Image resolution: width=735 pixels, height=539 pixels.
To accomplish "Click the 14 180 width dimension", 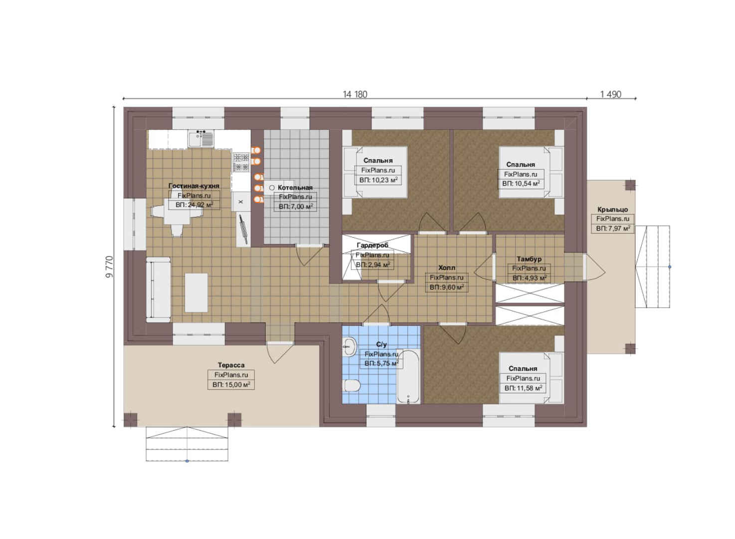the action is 355,95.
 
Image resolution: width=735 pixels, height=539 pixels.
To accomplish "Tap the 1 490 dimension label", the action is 611,95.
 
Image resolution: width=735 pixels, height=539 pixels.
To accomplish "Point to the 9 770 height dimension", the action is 109,267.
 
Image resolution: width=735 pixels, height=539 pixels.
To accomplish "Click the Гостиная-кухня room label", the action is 194,186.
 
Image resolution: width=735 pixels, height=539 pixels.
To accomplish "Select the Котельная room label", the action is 295,188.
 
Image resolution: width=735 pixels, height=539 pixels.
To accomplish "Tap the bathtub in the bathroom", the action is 408,376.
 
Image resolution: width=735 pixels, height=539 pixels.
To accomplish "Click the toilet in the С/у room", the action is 352,385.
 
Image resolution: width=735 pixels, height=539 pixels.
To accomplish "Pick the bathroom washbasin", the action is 350,347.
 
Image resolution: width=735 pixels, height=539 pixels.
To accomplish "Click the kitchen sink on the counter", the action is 201,138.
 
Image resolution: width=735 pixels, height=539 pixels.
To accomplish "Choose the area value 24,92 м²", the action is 194,205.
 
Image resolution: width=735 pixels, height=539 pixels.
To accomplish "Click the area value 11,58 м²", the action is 523,388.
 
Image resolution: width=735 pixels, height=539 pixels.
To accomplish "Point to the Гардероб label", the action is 372,245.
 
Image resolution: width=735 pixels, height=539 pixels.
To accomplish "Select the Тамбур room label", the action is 529,259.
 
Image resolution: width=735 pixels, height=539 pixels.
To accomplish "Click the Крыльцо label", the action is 613,209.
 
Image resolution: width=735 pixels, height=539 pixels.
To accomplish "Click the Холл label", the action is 447,268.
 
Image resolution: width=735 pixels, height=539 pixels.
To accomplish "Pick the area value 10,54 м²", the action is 521,183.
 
